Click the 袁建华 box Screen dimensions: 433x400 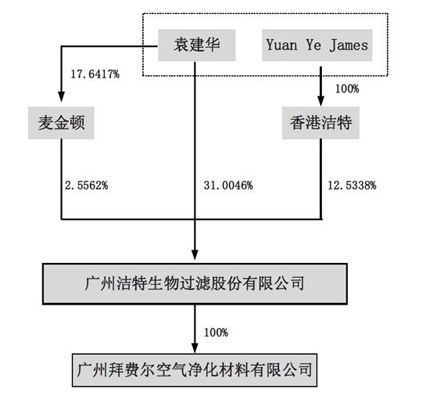tap(197, 45)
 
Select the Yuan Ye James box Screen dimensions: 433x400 tap(317, 45)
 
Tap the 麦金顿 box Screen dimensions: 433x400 tap(61, 123)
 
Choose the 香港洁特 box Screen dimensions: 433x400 tap(320, 123)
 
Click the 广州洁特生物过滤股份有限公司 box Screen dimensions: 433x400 tap(195, 284)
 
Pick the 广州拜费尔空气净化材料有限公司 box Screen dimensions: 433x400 tap(195, 369)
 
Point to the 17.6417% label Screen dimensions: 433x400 tap(95, 74)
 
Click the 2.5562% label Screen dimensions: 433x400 tap(87, 185)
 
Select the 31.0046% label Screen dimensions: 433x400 tap(228, 185)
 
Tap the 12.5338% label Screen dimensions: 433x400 tap(352, 185)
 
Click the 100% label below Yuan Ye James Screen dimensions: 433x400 tap(347, 88)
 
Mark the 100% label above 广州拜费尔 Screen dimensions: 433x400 tap(216, 332)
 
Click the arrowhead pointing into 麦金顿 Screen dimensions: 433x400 tap(61, 97)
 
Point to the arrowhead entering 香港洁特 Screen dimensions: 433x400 tap(320, 101)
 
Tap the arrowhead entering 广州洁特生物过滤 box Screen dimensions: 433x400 tap(195, 254)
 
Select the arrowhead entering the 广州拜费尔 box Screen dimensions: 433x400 tap(195, 348)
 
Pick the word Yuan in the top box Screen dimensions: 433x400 tap(281, 45)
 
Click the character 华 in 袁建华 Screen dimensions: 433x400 tap(213, 45)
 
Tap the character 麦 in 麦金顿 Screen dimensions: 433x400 tap(46, 123)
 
